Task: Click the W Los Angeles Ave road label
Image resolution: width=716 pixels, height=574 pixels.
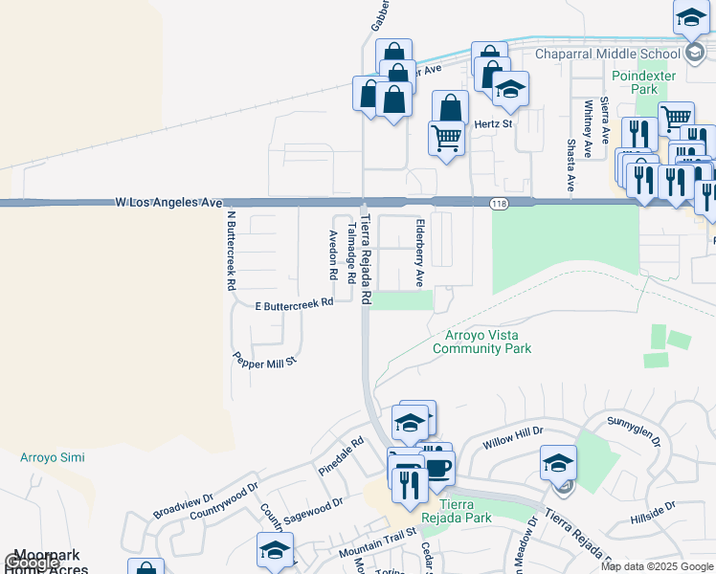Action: (168, 203)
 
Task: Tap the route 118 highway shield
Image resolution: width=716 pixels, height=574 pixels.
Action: (499, 203)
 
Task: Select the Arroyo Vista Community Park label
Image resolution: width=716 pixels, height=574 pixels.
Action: (481, 342)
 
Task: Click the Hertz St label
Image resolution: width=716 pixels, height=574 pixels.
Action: (494, 123)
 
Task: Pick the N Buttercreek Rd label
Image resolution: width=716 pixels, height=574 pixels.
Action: (231, 251)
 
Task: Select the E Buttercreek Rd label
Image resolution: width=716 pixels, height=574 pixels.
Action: (294, 303)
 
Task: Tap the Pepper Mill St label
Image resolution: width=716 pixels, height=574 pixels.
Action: (266, 360)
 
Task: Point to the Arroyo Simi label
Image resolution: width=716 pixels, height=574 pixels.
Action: (53, 457)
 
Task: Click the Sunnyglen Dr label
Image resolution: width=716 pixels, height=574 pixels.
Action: (633, 430)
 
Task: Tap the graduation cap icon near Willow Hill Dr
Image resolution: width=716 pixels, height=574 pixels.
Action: (558, 464)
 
